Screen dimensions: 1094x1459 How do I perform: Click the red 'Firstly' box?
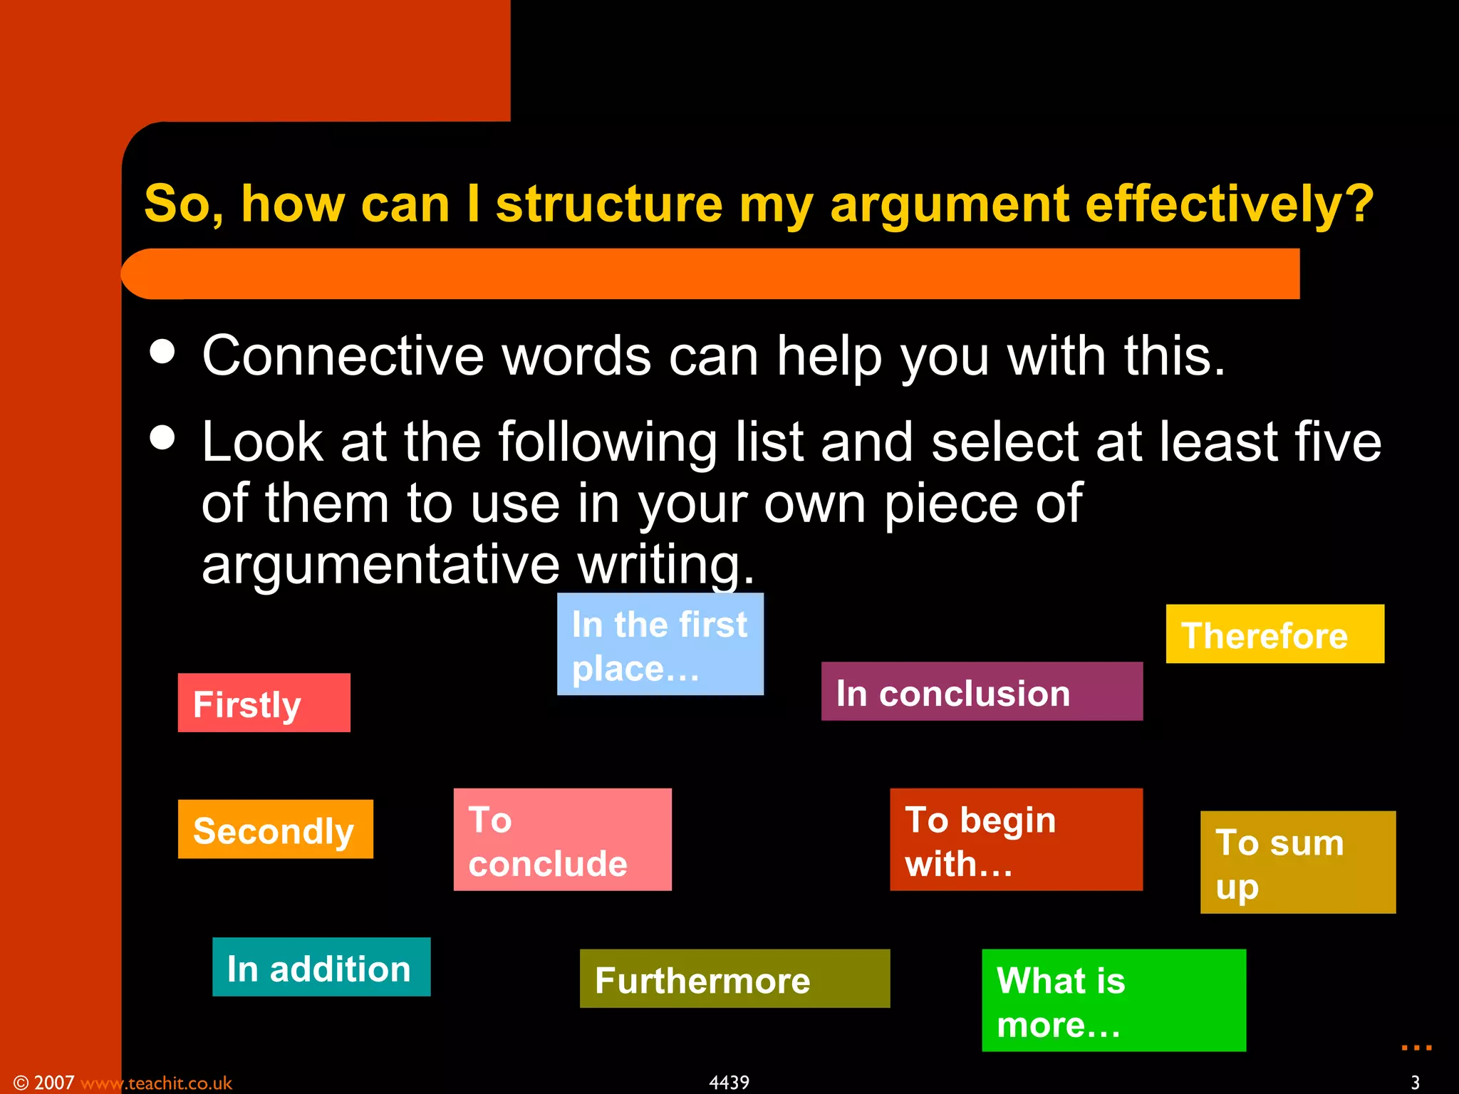(x=264, y=703)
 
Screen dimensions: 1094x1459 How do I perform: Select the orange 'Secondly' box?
(x=275, y=829)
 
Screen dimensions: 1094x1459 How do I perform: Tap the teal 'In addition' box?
(x=321, y=967)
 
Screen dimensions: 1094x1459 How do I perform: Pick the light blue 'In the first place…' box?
(x=660, y=644)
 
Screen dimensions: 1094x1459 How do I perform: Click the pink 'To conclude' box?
(x=562, y=840)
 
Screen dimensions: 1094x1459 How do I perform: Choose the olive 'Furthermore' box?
(x=734, y=979)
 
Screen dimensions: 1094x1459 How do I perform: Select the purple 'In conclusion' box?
(x=981, y=692)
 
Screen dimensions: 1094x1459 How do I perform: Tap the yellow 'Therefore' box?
(x=1274, y=634)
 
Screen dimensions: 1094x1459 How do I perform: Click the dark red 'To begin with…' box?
(x=1016, y=840)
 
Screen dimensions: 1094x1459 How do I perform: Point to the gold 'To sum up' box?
(x=1297, y=863)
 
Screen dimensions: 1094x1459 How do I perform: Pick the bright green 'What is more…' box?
(x=1113, y=1001)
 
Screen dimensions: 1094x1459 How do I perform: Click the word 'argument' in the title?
(x=949, y=205)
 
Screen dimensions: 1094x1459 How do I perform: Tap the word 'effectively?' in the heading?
(x=1230, y=205)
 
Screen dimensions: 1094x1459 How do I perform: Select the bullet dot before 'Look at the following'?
(x=162, y=437)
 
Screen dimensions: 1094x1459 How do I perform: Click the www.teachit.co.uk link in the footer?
(x=156, y=1083)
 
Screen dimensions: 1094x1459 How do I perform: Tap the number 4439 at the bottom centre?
(x=729, y=1083)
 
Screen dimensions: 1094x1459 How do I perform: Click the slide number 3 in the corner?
(x=1415, y=1083)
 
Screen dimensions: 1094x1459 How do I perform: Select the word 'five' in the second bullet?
(x=1338, y=442)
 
